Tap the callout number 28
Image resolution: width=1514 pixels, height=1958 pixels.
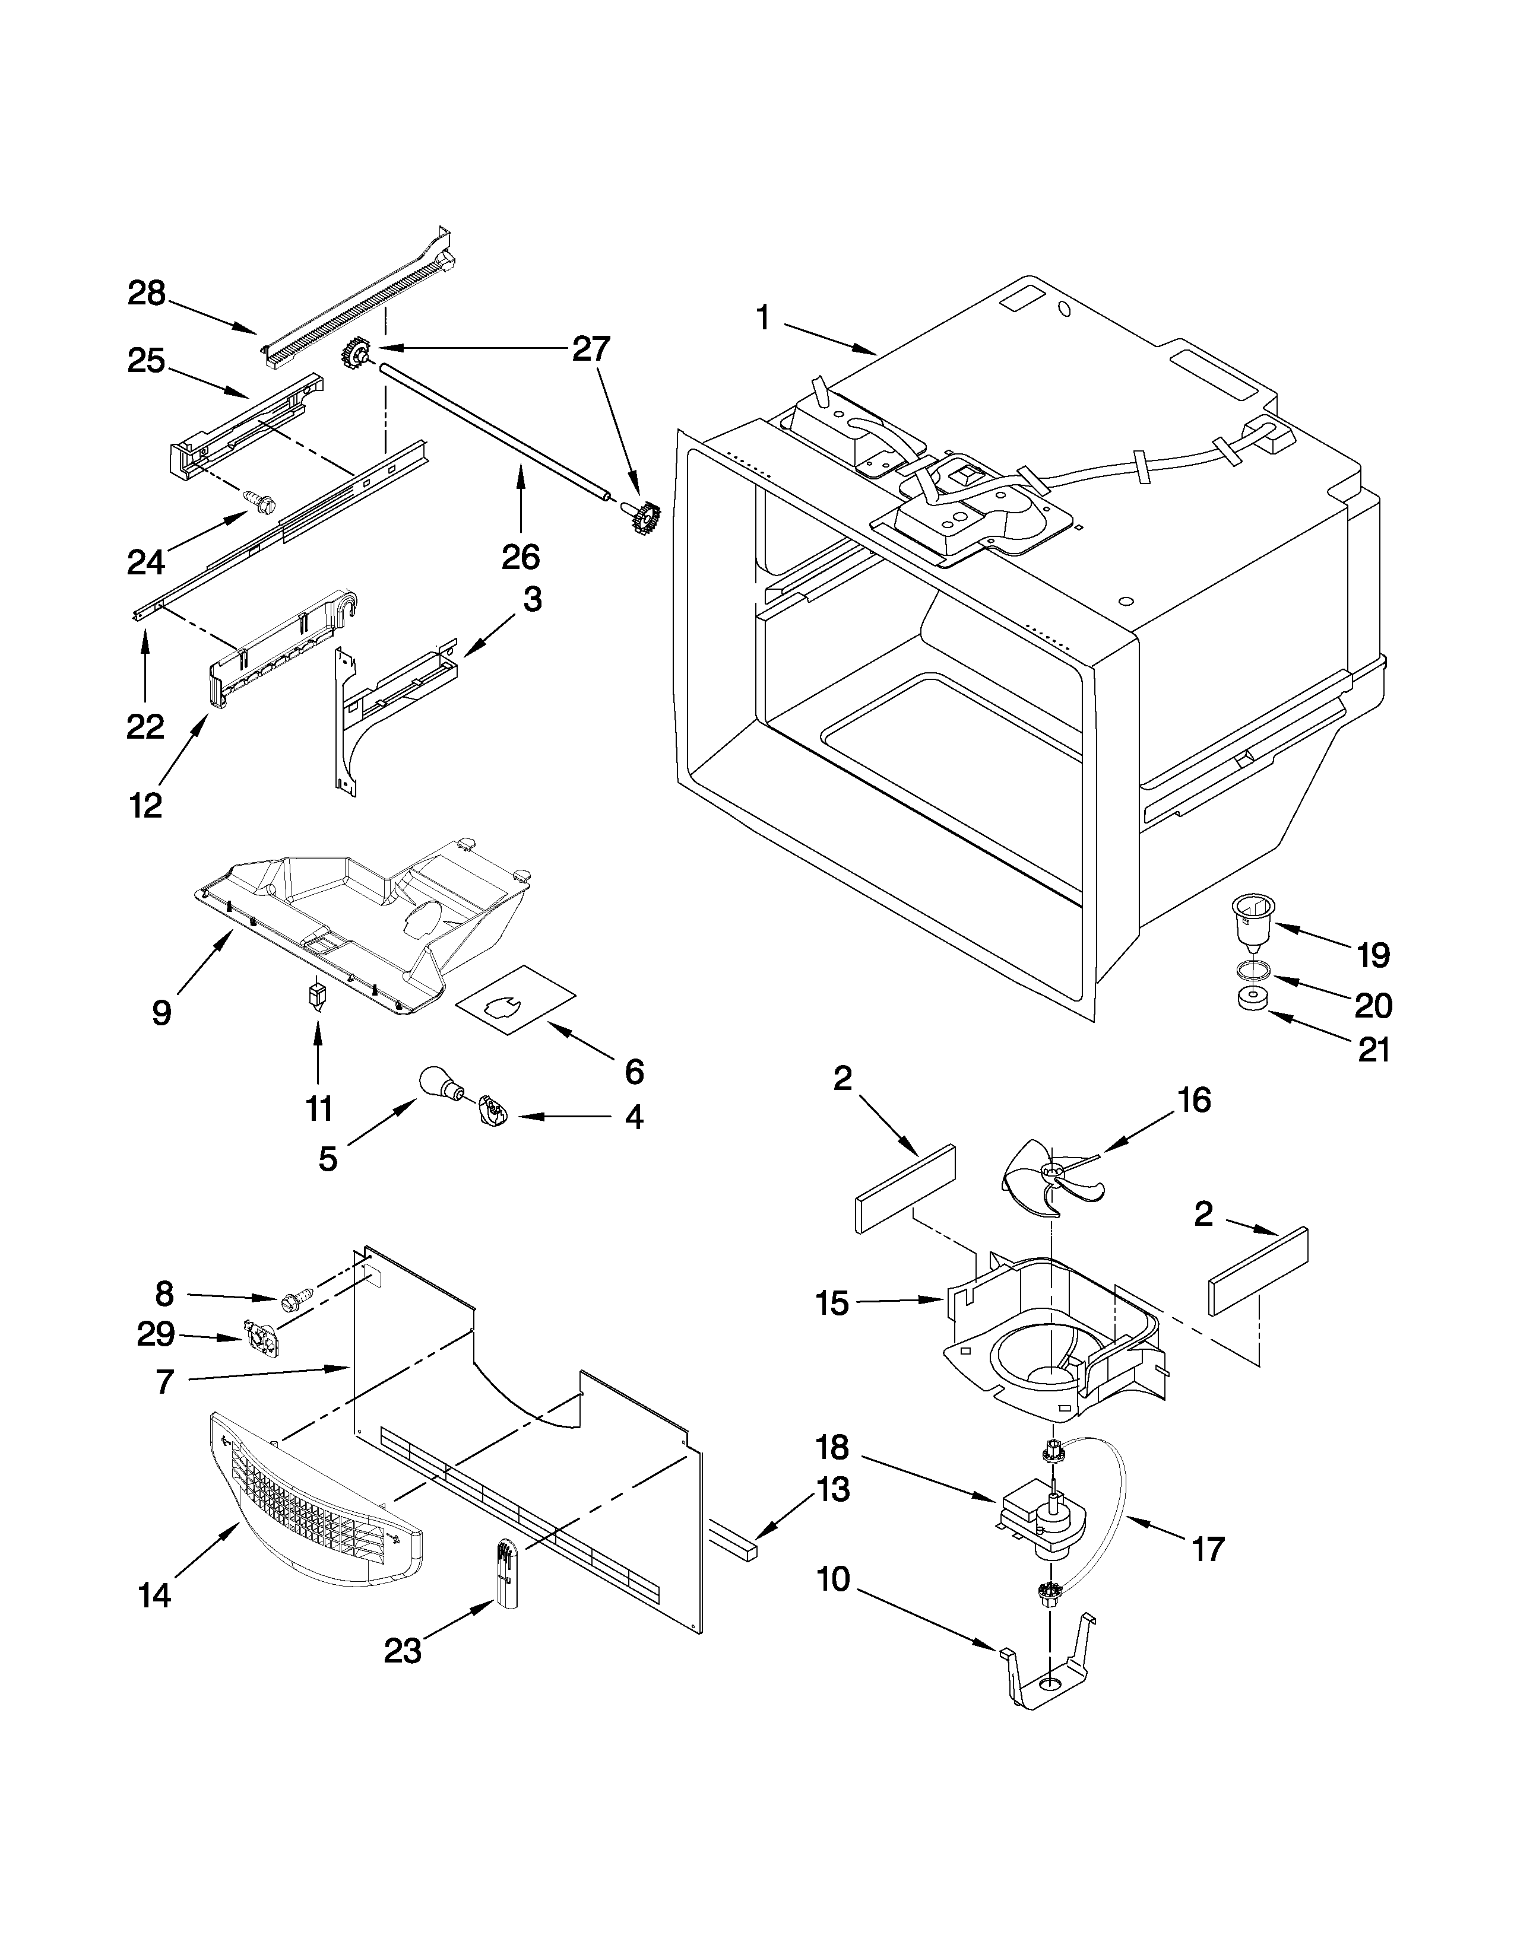[146, 293]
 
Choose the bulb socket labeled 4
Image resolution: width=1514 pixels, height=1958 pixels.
[492, 1112]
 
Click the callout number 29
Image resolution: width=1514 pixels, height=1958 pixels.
[154, 1335]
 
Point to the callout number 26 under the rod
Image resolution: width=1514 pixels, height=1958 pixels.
[520, 558]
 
